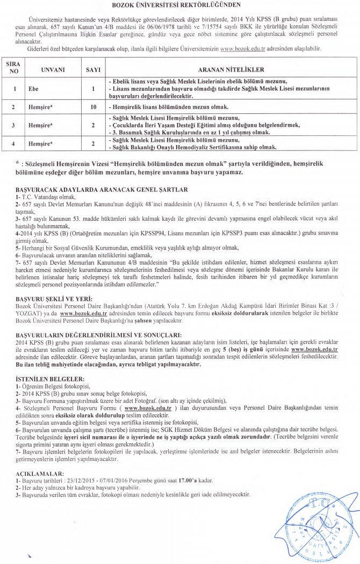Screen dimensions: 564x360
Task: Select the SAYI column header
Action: pyautogui.click(x=93, y=70)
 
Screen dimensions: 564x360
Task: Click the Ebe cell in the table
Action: pyautogui.click(x=33, y=89)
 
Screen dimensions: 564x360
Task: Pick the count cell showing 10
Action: pyautogui.click(x=93, y=107)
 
